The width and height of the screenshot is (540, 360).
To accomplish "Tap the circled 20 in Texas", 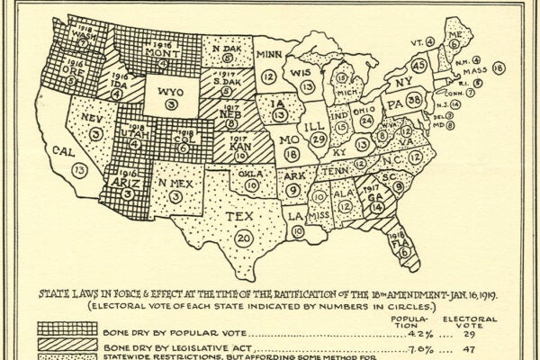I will pos(244,238).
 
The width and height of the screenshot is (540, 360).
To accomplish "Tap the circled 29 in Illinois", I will pos(317,140).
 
